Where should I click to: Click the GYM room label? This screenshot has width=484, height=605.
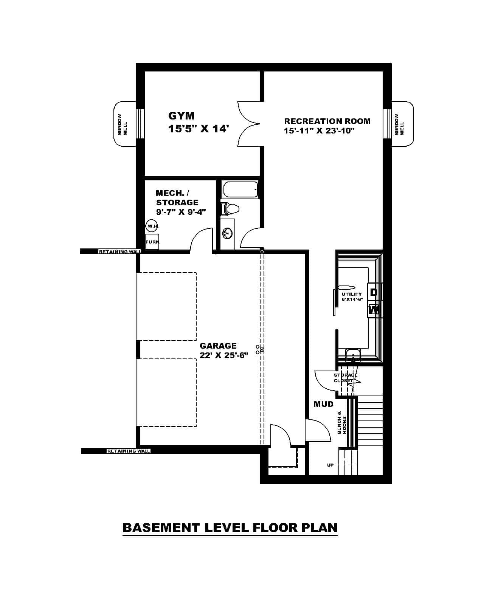(x=181, y=116)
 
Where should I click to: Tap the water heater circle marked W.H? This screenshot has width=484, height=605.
(x=152, y=226)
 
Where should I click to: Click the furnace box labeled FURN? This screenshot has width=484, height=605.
(x=152, y=242)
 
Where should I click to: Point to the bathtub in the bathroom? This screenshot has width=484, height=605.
(x=240, y=190)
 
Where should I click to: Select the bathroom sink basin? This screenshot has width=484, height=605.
(x=228, y=234)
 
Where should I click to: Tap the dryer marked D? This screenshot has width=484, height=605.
(x=374, y=292)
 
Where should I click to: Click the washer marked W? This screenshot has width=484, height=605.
(x=374, y=310)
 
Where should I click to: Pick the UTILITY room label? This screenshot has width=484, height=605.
(x=352, y=294)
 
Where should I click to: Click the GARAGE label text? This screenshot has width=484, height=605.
(x=218, y=346)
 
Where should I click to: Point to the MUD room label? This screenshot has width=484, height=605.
(x=323, y=404)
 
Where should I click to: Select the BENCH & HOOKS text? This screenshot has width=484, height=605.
(x=342, y=422)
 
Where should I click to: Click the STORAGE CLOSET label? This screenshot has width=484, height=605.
(x=345, y=378)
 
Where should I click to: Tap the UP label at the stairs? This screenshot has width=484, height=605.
(x=330, y=465)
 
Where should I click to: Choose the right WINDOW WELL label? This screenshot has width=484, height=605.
(x=399, y=124)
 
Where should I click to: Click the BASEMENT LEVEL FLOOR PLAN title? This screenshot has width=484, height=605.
(x=230, y=527)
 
